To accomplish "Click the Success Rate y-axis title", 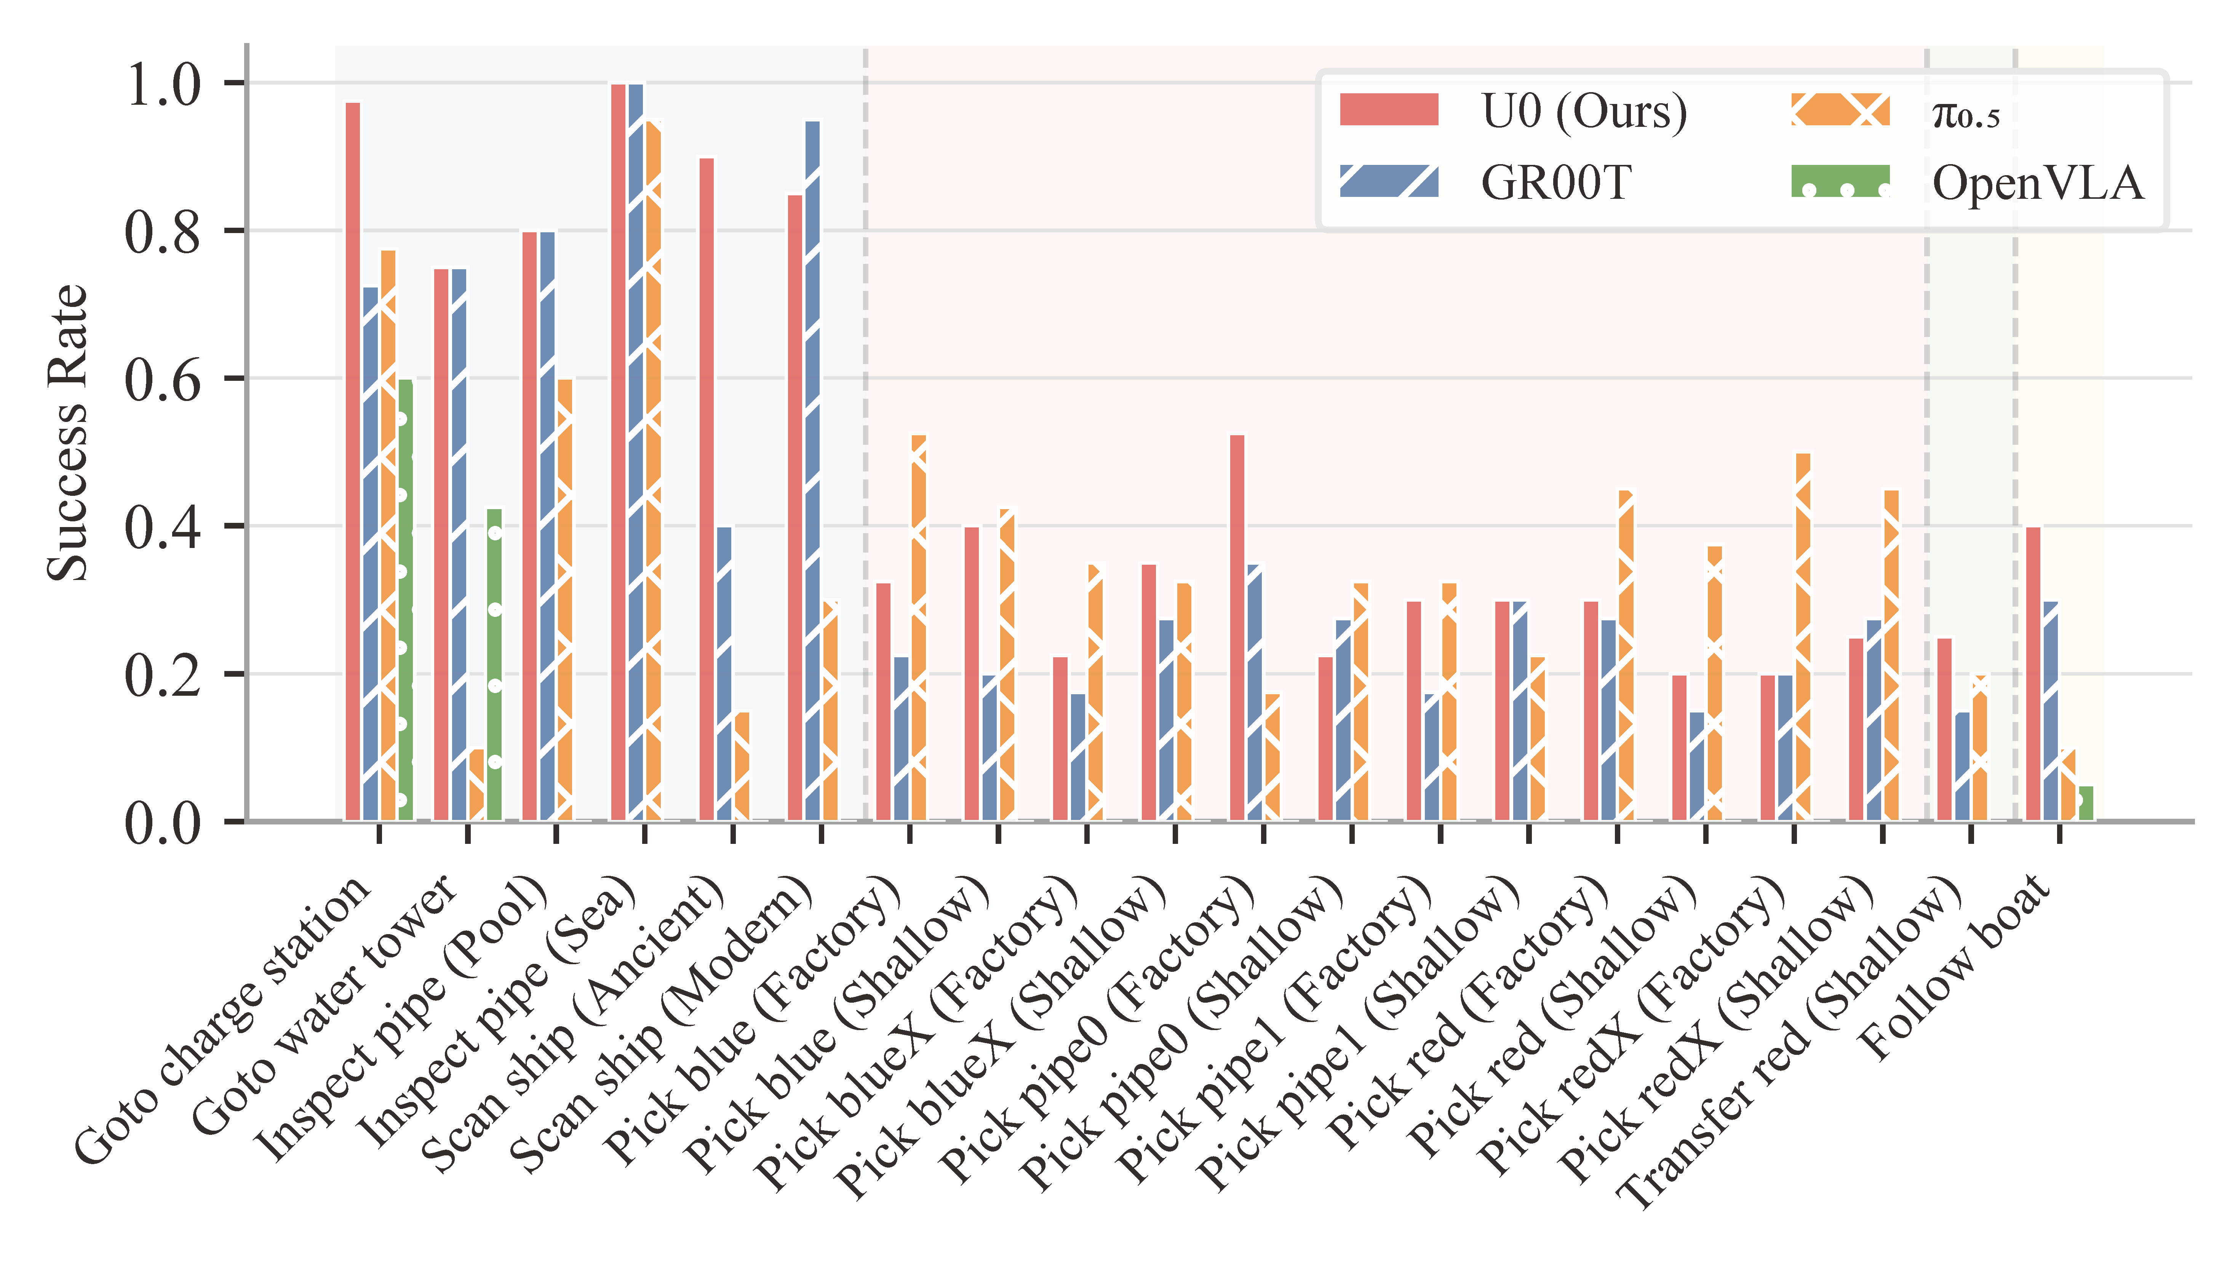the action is point(68,433).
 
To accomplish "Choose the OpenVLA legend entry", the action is point(1967,182).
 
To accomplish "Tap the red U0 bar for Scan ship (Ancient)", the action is point(707,489).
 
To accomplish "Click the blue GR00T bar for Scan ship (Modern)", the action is point(812,471).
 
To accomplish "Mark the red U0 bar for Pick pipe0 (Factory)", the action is point(1237,628).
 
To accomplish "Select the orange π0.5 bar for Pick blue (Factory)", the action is point(918,628).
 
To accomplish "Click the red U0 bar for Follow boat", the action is point(2033,673).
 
